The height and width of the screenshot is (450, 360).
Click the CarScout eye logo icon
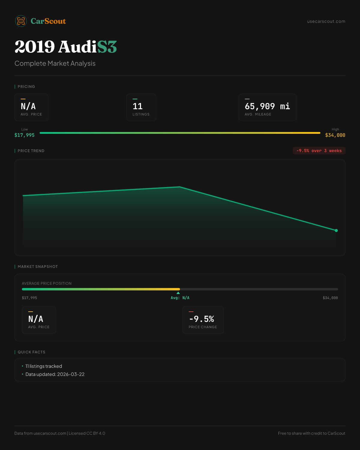click(x=21, y=21)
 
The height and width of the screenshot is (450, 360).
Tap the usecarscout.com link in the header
click(x=326, y=21)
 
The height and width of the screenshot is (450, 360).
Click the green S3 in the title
click(x=107, y=47)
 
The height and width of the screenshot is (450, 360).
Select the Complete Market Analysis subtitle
click(x=55, y=64)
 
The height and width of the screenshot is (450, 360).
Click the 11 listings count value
click(x=138, y=106)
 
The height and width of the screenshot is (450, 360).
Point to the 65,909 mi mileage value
click(x=267, y=106)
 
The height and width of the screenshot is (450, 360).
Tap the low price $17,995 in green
click(x=25, y=135)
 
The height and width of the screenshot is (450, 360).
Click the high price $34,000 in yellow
click(x=335, y=135)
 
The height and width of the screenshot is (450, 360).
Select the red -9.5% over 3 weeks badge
click(x=319, y=151)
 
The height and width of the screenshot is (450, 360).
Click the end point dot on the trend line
click(x=336, y=230)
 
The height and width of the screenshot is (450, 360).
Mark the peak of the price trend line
click(x=180, y=187)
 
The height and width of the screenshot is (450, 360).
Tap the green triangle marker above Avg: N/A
click(x=178, y=293)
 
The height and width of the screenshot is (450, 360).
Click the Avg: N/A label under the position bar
click(x=180, y=298)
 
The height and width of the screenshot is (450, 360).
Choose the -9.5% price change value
click(x=202, y=319)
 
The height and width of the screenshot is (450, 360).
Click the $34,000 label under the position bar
click(x=330, y=298)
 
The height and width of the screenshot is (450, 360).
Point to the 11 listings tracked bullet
click(x=44, y=366)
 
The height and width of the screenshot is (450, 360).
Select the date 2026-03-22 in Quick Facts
click(x=71, y=374)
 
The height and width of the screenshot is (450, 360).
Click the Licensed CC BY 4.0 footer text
click(x=87, y=433)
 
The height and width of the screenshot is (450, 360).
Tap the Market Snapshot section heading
click(x=38, y=267)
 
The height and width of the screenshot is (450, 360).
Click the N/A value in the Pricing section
click(x=28, y=106)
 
